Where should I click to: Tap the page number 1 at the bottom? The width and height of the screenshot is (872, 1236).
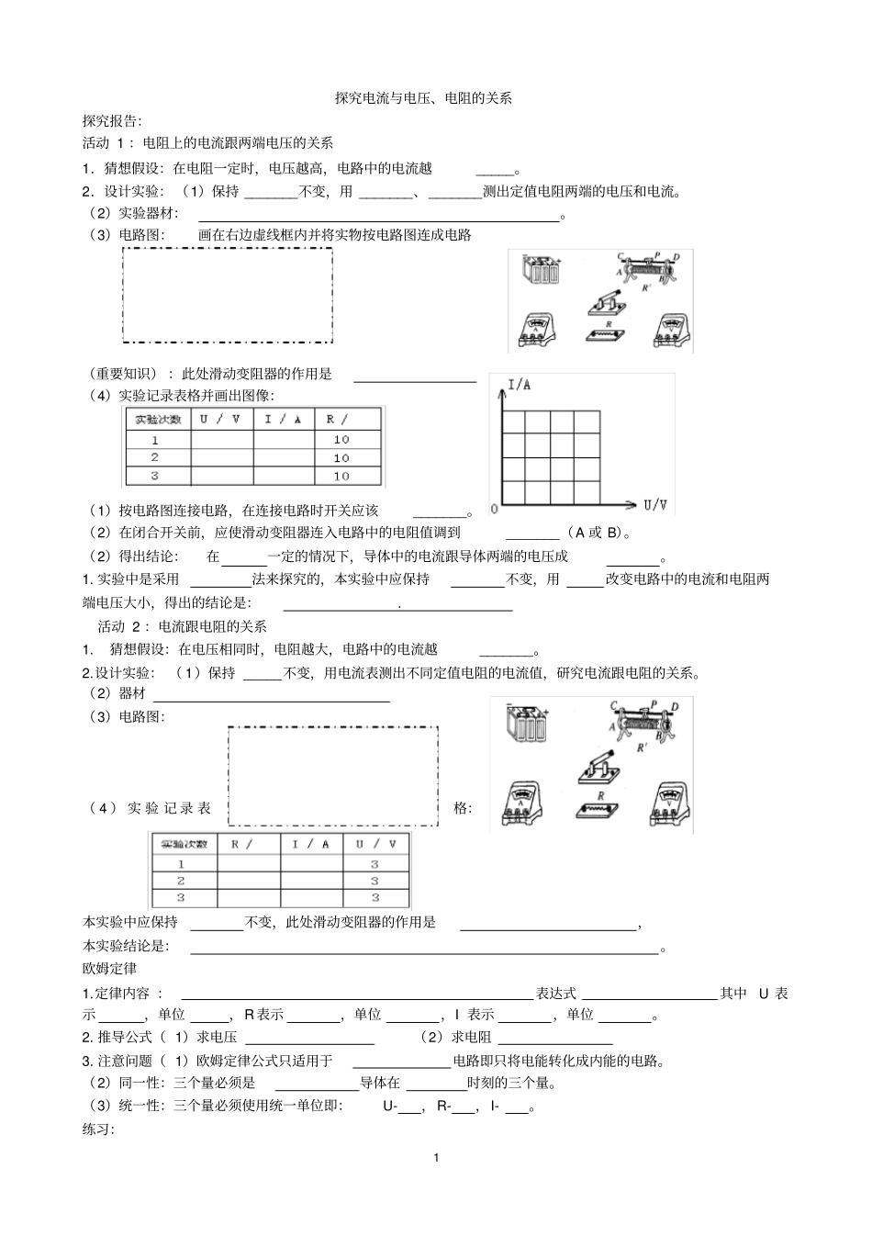tap(436, 1157)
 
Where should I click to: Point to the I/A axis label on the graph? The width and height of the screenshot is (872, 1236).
tap(520, 385)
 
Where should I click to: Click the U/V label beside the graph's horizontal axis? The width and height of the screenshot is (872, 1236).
tap(655, 504)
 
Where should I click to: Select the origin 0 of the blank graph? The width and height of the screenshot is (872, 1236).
tap(495, 508)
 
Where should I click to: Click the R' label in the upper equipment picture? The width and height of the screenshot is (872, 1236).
tap(646, 288)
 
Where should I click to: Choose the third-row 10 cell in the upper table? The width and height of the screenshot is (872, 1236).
tap(341, 476)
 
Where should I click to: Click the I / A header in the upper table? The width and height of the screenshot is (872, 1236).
tap(283, 419)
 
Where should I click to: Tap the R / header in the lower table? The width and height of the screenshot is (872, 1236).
tap(241, 844)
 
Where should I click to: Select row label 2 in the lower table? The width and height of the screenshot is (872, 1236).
tap(181, 881)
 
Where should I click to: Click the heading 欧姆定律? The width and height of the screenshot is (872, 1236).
tap(109, 969)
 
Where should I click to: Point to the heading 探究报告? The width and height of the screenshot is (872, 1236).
tap(111, 120)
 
